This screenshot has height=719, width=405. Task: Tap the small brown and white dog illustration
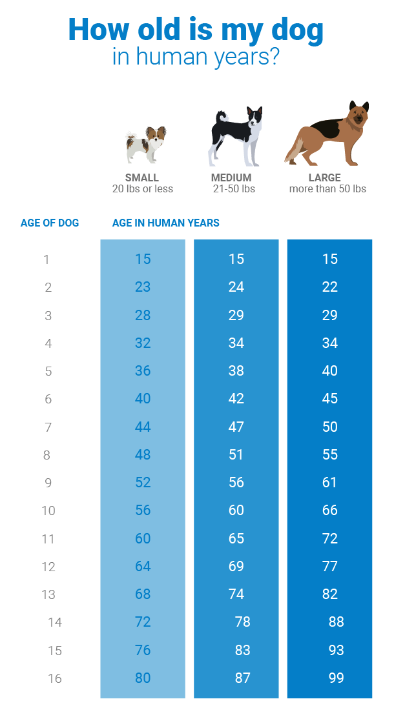(x=145, y=145)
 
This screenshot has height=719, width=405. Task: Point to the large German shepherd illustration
(x=327, y=134)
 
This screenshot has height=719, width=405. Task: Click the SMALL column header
(x=142, y=177)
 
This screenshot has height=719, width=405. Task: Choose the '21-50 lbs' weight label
(x=234, y=189)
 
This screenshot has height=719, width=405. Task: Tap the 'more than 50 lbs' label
(x=327, y=189)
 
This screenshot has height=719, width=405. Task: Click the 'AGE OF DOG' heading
(x=50, y=223)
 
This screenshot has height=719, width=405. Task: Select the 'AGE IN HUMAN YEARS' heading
(x=165, y=223)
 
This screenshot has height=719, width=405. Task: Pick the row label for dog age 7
(x=48, y=427)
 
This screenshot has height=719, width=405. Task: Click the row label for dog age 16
(x=54, y=678)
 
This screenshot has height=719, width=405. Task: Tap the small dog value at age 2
(x=143, y=287)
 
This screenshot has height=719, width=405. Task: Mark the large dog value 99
(x=336, y=678)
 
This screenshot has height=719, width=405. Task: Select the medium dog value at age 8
(x=236, y=454)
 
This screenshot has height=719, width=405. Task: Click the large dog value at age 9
(x=329, y=482)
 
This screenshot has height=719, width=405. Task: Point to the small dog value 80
(x=143, y=678)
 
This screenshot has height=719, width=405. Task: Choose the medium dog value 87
(x=243, y=678)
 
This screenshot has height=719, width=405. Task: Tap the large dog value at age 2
(x=330, y=287)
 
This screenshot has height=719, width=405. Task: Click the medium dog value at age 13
(x=236, y=594)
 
